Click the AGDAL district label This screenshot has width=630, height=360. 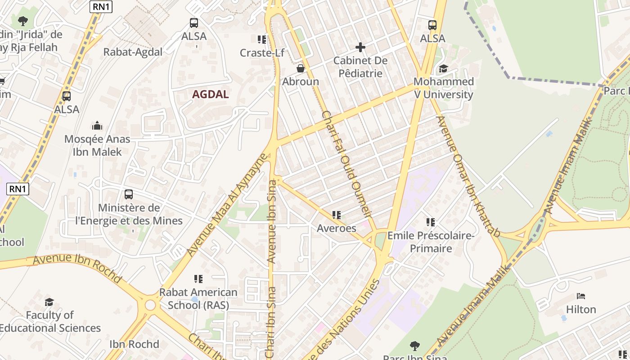pyautogui.click(x=211, y=94)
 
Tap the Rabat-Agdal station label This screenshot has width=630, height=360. pyautogui.click(x=133, y=52)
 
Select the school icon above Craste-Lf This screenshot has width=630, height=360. pyautogui.click(x=261, y=40)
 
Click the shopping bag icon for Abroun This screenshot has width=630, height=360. pyautogui.click(x=300, y=68)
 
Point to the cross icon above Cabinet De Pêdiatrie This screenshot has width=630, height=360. pyautogui.click(x=360, y=47)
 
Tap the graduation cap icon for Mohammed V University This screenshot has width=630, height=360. pyautogui.click(x=443, y=68)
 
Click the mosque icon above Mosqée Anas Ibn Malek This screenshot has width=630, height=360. pyautogui.click(x=97, y=126)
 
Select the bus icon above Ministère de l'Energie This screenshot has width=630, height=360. pyautogui.click(x=129, y=194)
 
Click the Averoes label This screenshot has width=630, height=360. pyautogui.click(x=337, y=228)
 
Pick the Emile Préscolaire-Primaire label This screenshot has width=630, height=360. pyautogui.click(x=431, y=242)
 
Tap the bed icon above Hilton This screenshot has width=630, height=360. pyautogui.click(x=581, y=296)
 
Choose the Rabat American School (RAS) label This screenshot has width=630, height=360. pyautogui.click(x=198, y=298)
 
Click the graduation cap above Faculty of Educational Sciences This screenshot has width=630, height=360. pyautogui.click(x=49, y=301)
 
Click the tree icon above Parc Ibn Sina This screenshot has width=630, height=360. pyautogui.click(x=415, y=346)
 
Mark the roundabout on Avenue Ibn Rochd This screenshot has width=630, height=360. pyautogui.click(x=150, y=306)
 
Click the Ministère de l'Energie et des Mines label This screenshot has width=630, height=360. pyautogui.click(x=129, y=214)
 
